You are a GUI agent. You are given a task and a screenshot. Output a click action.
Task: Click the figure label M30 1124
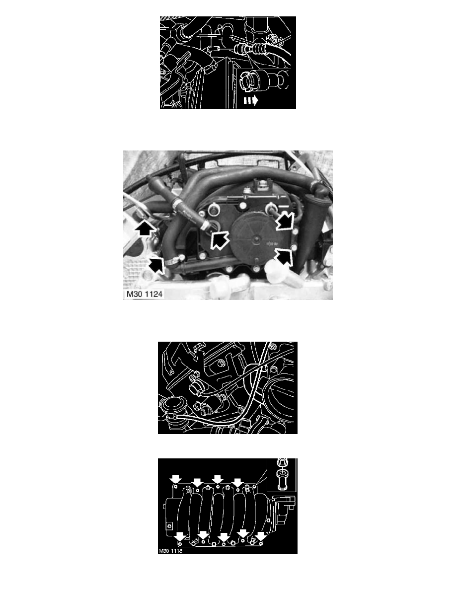[x=145, y=294]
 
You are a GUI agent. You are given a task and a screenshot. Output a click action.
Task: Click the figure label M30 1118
[x=170, y=551]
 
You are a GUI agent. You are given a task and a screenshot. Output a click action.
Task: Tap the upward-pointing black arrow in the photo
[x=144, y=228]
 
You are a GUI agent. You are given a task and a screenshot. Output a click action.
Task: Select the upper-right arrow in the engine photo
[x=285, y=221]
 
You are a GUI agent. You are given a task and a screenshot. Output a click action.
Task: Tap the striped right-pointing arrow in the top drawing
[x=250, y=100]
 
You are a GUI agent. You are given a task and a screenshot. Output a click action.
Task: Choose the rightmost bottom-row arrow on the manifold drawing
[x=261, y=535]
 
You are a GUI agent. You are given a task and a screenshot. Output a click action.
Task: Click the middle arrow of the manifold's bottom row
[x=224, y=535]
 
